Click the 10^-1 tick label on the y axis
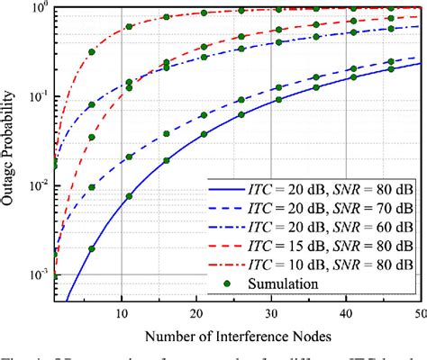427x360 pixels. coord(34,97)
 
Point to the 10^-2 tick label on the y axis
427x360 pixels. coord(34,185)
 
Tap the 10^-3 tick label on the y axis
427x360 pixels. coord(34,274)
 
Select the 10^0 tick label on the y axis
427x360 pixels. coord(34,9)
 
